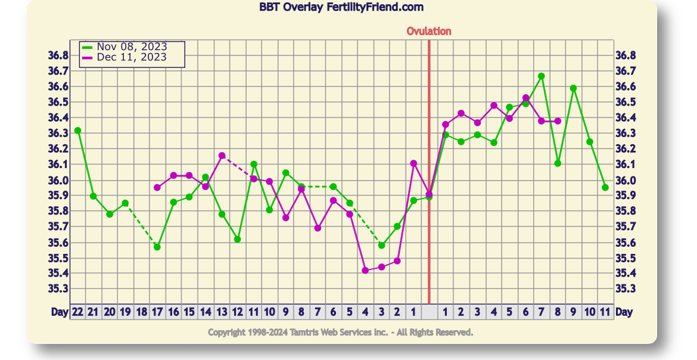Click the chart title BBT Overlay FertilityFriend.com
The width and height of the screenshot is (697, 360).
coord(341,7)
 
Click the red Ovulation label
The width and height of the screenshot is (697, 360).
coord(429,31)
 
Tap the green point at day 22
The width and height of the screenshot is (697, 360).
coord(77,131)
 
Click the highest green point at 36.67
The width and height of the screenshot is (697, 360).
coord(542,76)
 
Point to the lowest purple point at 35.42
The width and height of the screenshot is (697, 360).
coord(365,271)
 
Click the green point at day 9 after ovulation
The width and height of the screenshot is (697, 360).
coord(573,88)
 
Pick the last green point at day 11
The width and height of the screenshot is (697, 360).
coord(605,187)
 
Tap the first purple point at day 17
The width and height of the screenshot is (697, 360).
coord(157,188)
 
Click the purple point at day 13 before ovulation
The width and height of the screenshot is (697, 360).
coord(222,156)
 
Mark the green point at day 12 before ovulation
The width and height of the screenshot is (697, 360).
coord(238,239)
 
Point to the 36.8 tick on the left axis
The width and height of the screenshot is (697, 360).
coord(58,55)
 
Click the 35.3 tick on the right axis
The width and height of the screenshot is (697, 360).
coord(626,288)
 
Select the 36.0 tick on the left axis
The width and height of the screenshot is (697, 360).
coord(58,180)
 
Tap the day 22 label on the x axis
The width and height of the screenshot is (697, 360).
coord(77,312)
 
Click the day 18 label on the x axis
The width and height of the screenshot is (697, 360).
coord(142,312)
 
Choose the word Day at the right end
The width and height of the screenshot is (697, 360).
coord(624,312)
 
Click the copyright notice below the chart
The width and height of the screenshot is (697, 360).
coord(341,332)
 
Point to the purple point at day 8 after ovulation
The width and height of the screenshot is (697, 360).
coord(558,121)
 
